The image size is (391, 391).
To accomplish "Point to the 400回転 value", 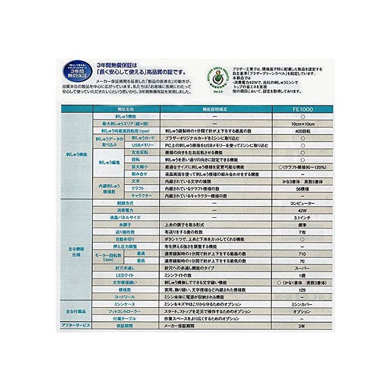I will (302, 130).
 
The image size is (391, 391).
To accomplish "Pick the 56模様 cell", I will (302, 189).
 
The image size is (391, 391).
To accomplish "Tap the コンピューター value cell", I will (302, 204).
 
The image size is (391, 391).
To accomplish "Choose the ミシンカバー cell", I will (302, 304).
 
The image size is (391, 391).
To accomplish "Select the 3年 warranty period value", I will (302, 325).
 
